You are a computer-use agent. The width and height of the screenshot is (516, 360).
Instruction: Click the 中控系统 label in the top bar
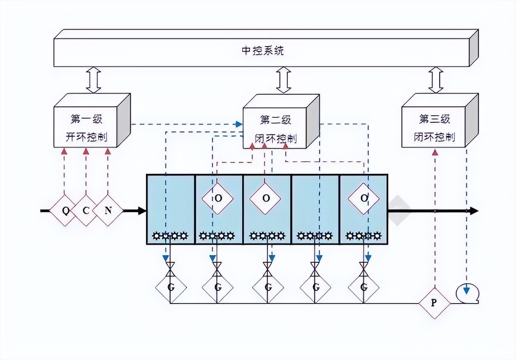(x=262, y=51)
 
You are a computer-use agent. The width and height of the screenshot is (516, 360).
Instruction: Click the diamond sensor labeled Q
(x=65, y=210)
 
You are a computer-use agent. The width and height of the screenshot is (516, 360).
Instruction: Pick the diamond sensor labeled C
(x=86, y=210)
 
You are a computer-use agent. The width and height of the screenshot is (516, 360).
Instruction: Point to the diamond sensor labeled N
(x=108, y=210)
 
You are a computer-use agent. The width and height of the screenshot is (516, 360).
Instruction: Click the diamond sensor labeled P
(x=434, y=303)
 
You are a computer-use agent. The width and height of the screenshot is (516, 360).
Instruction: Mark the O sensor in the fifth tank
(x=364, y=198)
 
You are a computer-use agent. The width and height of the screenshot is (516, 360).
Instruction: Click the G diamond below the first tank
(x=171, y=288)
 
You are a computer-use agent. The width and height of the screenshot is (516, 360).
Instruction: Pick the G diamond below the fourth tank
(x=316, y=288)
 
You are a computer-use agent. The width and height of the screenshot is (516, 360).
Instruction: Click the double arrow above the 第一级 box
(x=94, y=81)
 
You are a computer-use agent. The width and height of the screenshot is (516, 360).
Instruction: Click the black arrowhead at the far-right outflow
(x=474, y=211)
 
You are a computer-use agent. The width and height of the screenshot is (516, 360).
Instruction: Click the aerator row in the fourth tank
(x=315, y=236)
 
